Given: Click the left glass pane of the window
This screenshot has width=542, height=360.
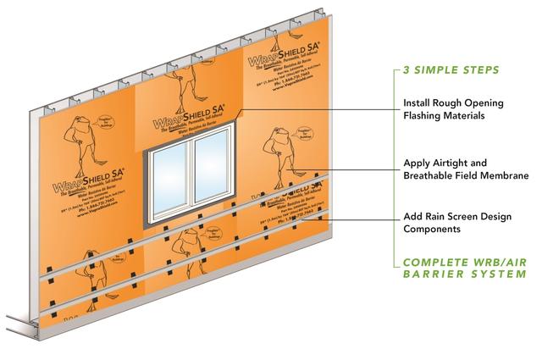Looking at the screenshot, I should [x=170, y=185].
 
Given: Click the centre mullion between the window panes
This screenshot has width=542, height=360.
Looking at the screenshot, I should [x=191, y=182].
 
